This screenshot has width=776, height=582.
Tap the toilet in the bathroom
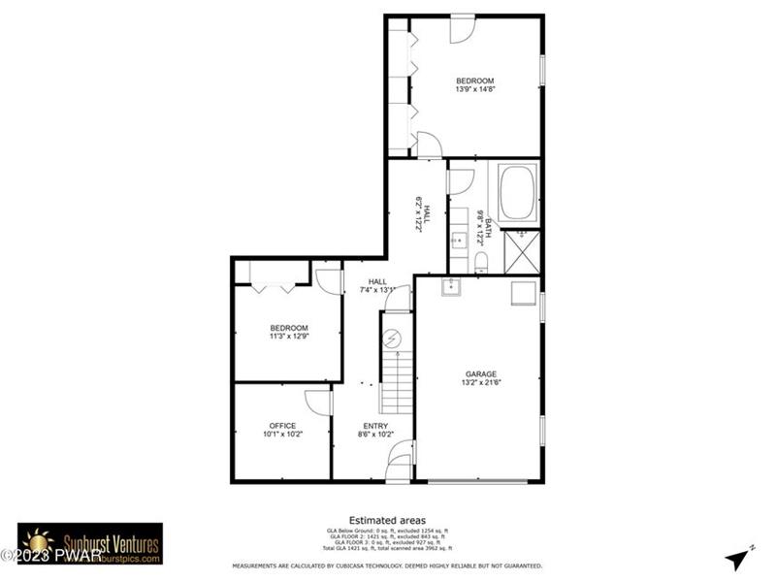point(480,261)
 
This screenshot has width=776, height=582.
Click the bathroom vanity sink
point(458,239)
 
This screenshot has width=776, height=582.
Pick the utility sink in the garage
point(449,287)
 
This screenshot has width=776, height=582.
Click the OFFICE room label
point(282,426)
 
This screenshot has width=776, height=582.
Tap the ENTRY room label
point(375,426)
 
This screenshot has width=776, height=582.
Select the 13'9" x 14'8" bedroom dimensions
point(475,89)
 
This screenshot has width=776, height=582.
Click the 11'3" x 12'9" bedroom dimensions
point(289,337)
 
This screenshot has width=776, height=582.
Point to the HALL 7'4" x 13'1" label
point(377,285)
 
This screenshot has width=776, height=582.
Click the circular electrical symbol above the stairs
point(393,339)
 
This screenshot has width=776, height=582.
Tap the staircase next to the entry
point(397,378)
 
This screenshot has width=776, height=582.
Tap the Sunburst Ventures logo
point(90,544)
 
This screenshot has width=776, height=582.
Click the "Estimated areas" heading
point(387,520)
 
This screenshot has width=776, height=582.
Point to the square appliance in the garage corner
point(524,293)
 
